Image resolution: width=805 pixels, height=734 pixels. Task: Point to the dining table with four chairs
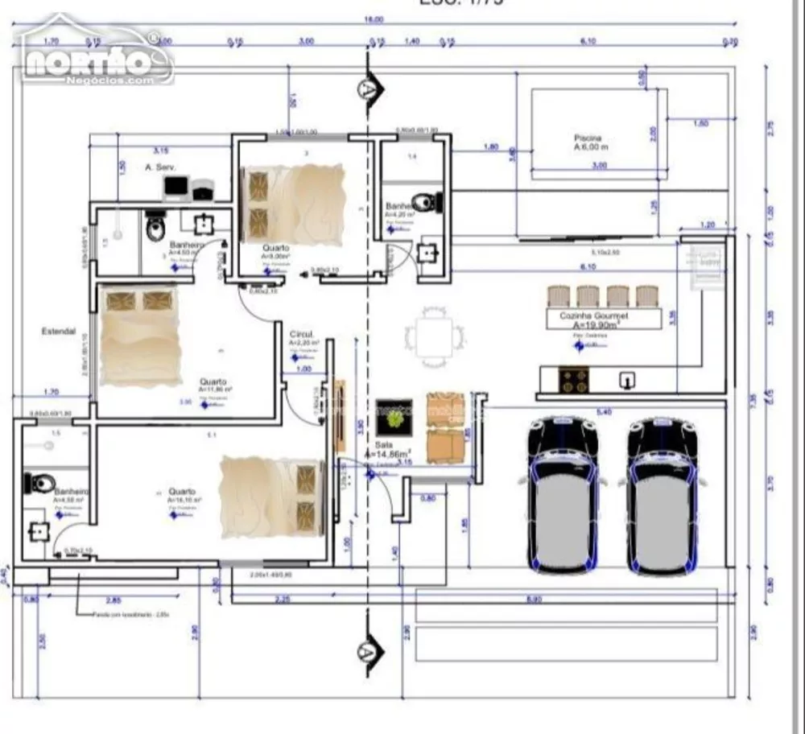click(x=435, y=336)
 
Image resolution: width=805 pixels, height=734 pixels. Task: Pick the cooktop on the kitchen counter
click(x=573, y=379)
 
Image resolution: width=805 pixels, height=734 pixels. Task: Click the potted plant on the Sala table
click(x=394, y=418)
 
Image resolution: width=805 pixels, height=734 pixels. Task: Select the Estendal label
click(x=59, y=331)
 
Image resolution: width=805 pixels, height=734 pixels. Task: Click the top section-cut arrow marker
click(x=369, y=86)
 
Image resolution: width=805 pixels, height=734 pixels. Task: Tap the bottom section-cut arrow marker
click(x=367, y=649)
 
